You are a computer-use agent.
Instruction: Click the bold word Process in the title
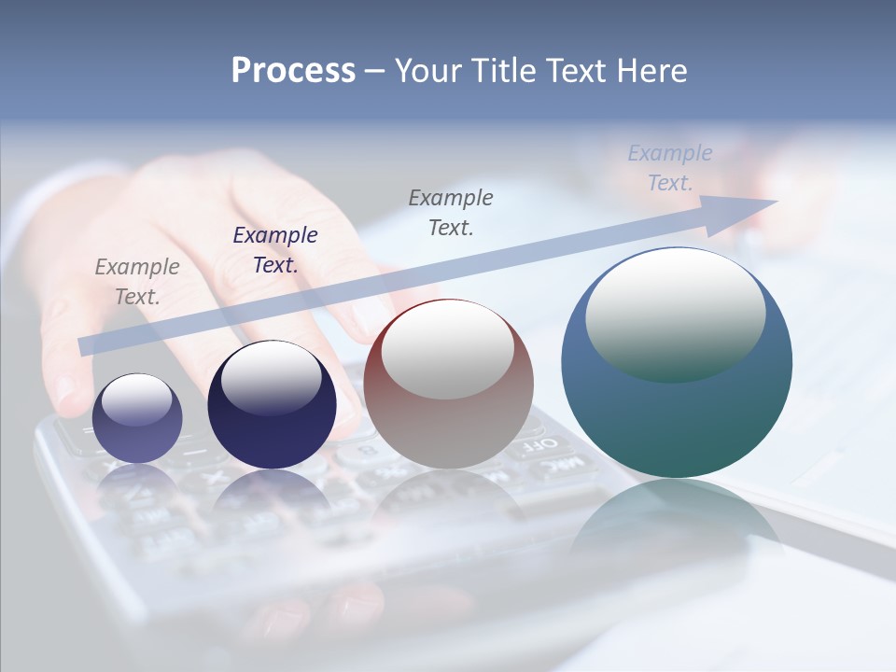point(293,71)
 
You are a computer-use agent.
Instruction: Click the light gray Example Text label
point(137,281)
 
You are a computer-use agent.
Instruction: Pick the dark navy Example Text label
point(275,249)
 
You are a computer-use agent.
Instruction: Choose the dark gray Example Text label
point(451,212)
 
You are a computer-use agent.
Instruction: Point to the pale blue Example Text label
point(669,167)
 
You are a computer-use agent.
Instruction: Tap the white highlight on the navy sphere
point(271,378)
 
